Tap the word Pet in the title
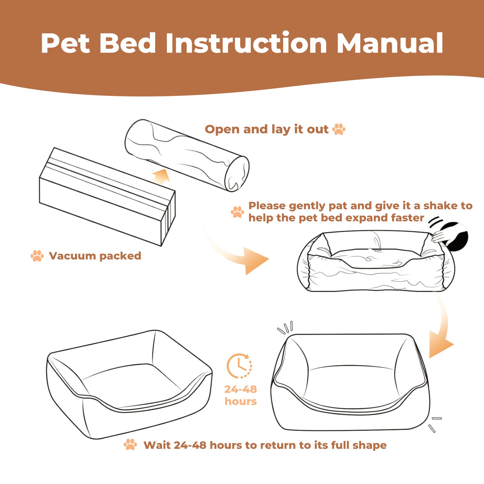tap(65, 43)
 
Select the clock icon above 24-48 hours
tap(239, 366)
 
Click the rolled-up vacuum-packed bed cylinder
tap(187, 155)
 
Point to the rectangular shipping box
tap(107, 197)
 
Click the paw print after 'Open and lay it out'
tap(339, 129)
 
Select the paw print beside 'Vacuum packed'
tap(37, 256)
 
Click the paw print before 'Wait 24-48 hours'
tap(130, 445)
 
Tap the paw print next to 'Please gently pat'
tap(237, 212)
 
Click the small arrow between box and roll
tap(161, 176)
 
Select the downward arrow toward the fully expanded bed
tap(442, 330)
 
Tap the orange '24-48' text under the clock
tap(240, 389)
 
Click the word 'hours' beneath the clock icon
tap(240, 401)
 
